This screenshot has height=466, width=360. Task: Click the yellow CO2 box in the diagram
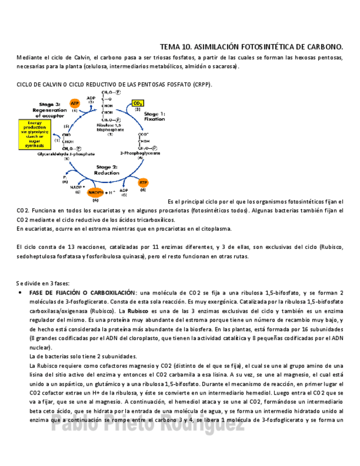137,103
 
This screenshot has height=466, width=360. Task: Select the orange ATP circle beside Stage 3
74,103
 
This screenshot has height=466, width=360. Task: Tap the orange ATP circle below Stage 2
143,182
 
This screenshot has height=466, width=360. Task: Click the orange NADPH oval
95,192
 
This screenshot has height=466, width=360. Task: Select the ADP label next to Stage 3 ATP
91,98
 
